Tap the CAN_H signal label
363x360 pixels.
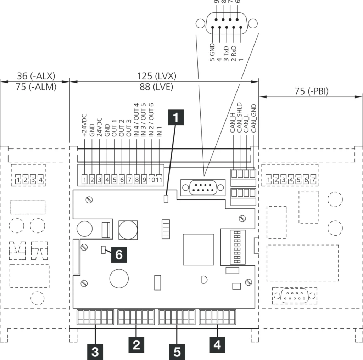coord(233,123)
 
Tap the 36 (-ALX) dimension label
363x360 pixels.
coord(35,76)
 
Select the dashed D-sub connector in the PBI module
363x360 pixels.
coord(294,297)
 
